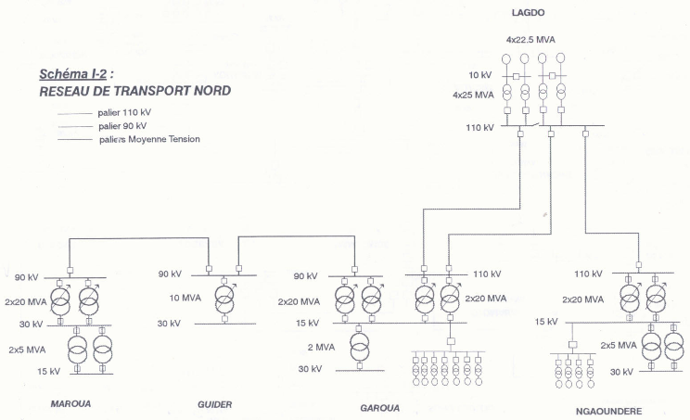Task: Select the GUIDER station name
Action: coord(214,404)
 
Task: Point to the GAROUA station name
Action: coord(379,407)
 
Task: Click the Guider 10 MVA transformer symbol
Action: coord(224,299)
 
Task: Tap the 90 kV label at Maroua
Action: coord(28,277)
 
